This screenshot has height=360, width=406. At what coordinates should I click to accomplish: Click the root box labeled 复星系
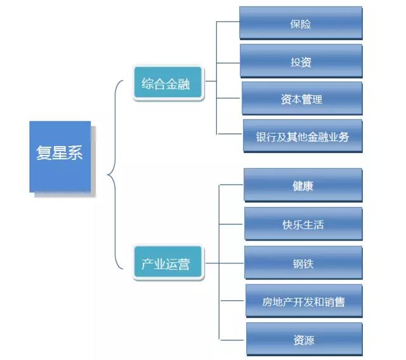click(60, 156)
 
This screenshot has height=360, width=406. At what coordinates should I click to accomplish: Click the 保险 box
click(301, 23)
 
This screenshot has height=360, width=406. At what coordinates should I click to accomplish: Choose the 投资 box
click(301, 62)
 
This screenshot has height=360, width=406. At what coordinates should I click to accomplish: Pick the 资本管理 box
click(301, 99)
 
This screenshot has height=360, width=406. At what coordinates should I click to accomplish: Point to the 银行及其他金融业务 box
click(303, 137)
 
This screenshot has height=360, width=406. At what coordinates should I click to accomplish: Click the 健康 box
click(303, 185)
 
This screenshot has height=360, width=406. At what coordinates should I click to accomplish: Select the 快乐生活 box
click(303, 224)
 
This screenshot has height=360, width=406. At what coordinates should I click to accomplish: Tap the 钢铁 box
click(303, 263)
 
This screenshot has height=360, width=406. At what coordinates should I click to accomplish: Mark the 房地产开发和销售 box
click(303, 302)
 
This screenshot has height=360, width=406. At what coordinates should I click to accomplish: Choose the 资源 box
click(303, 340)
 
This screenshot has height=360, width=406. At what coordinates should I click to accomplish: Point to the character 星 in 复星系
click(60, 154)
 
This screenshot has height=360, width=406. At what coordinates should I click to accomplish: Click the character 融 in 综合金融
click(184, 84)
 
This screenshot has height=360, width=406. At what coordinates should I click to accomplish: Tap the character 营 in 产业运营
click(184, 263)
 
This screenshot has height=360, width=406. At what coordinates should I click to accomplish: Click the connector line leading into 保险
click(228, 22)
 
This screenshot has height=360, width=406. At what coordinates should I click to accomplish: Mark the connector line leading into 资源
click(232, 340)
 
